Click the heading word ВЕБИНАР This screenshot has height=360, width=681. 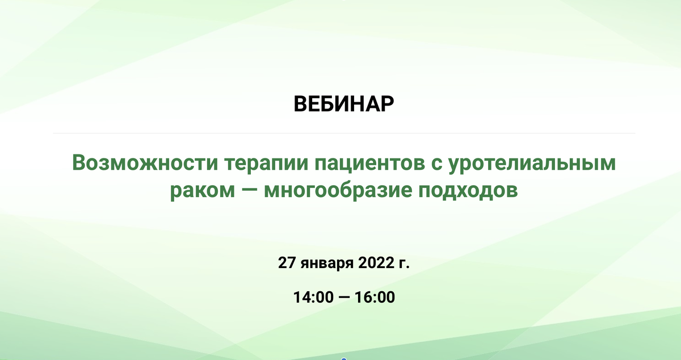(343, 104)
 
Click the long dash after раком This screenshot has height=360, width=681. (250, 190)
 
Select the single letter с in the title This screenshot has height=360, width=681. (436, 165)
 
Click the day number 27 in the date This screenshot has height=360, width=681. (287, 263)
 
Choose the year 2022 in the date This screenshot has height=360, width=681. (376, 263)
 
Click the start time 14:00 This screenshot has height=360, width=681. (313, 297)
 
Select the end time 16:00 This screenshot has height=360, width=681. (375, 297)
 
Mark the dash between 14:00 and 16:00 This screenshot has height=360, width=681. (344, 297)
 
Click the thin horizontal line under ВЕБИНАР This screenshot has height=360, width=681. (344, 133)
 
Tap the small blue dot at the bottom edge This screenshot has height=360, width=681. (344, 359)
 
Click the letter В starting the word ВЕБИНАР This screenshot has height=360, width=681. (300, 104)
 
